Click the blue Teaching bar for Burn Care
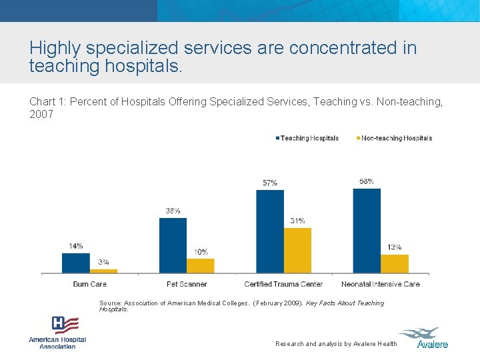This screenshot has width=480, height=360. pyautogui.click(x=75, y=263)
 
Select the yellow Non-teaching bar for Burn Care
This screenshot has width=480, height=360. pyautogui.click(x=103, y=271)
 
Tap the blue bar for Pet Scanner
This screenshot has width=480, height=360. pyautogui.click(x=173, y=245)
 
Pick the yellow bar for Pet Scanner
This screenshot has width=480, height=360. pyautogui.click(x=201, y=265)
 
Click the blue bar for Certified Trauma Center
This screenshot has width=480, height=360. pyautogui.click(x=270, y=231)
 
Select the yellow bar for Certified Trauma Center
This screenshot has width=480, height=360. pyautogui.click(x=297, y=250)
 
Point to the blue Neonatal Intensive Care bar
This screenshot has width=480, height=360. pyautogui.click(x=367, y=230)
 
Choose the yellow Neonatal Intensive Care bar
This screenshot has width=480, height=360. pyautogui.click(x=395, y=263)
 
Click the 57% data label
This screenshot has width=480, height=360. pyautogui.click(x=270, y=183)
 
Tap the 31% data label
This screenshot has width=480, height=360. pyautogui.click(x=297, y=221)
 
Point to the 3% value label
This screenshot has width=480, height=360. pyautogui.click(x=103, y=262)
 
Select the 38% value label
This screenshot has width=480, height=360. pyautogui.click(x=173, y=211)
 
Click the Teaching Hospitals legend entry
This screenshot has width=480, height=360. pyautogui.click(x=307, y=138)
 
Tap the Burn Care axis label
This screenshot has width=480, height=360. pyautogui.click(x=89, y=284)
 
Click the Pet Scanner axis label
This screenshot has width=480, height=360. pyautogui.click(x=187, y=284)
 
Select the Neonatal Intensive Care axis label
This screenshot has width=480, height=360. pyautogui.click(x=381, y=284)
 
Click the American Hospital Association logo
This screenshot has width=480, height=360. pyautogui.click(x=57, y=332)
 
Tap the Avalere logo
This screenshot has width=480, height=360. pyautogui.click(x=423, y=337)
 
